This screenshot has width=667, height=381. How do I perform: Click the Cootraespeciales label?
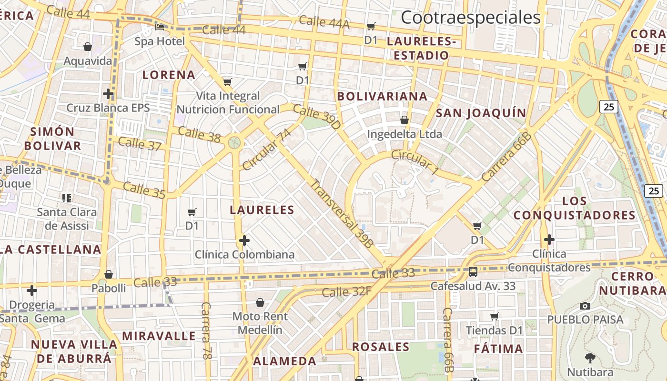470,18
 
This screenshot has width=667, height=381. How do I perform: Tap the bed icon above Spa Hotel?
160,27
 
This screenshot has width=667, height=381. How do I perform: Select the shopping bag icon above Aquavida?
88,47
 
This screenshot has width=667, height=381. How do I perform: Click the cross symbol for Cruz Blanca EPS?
108,94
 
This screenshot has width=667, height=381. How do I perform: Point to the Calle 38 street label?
199,134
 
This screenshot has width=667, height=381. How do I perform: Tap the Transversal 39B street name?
342,213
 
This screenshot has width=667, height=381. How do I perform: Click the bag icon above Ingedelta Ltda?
404,120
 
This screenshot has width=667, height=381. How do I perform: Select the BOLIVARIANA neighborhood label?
382,96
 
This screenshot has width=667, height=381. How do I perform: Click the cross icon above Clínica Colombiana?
244,241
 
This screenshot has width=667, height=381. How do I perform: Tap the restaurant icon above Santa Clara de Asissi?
67,198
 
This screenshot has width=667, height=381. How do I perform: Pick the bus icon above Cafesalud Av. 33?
473,272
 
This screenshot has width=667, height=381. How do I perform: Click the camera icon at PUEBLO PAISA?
585,306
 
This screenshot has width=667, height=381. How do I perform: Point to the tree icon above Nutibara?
590,358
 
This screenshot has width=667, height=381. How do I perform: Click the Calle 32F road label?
346,291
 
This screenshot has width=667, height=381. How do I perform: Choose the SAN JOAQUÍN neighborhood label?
481,113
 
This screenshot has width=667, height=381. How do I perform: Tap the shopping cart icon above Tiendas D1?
495,316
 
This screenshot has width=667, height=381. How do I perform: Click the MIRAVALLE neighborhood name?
159,336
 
